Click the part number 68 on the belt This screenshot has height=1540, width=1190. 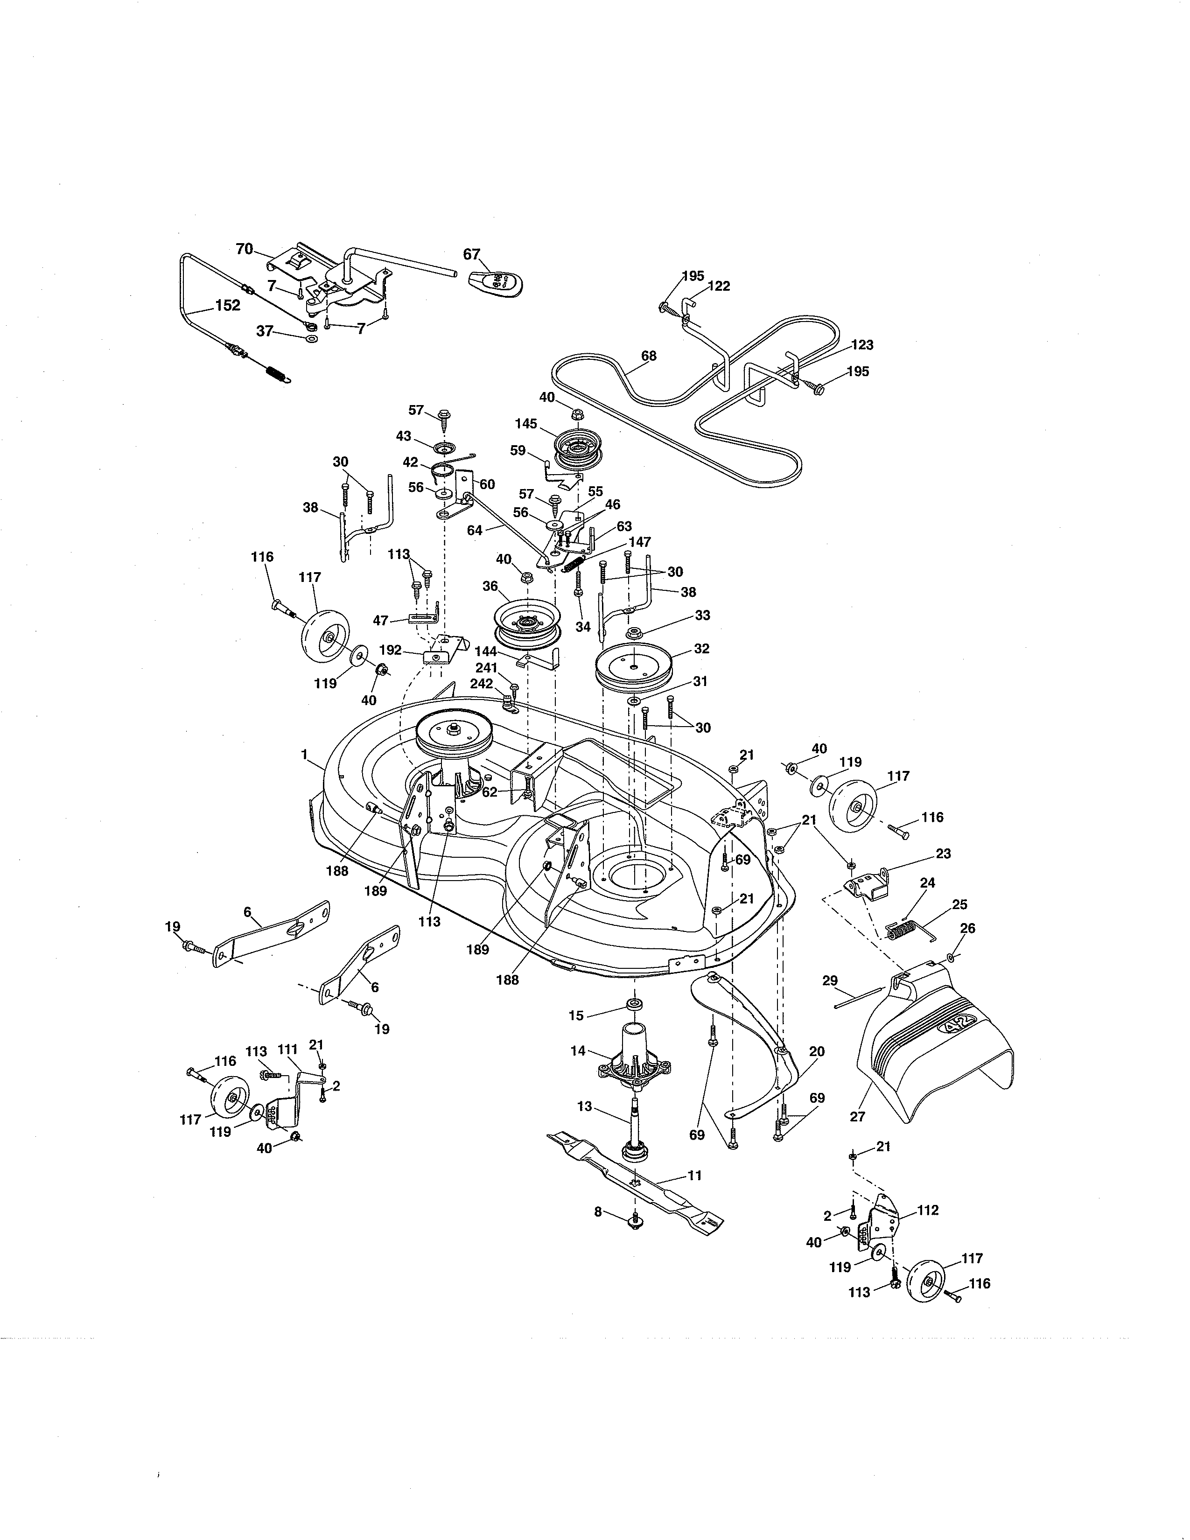pyautogui.click(x=649, y=356)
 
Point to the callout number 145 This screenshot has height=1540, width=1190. pyautogui.click(x=526, y=424)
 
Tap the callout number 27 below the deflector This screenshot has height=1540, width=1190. pyautogui.click(x=858, y=1116)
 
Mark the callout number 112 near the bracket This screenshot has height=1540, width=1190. pyautogui.click(x=929, y=1210)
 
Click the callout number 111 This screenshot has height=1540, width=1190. pyautogui.click(x=287, y=1050)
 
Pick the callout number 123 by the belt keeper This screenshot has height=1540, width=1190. pyautogui.click(x=862, y=345)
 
